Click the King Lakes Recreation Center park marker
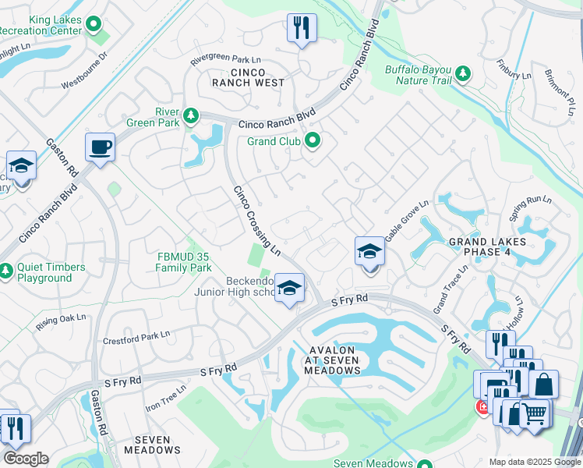95,24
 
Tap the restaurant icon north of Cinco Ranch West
300,28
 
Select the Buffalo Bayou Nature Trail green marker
464,73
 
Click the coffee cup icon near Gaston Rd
101,147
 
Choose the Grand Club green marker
313,141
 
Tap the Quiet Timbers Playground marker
6,271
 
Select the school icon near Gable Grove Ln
369,251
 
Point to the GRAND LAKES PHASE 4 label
491,247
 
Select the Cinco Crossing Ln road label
257,221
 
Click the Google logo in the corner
26,459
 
